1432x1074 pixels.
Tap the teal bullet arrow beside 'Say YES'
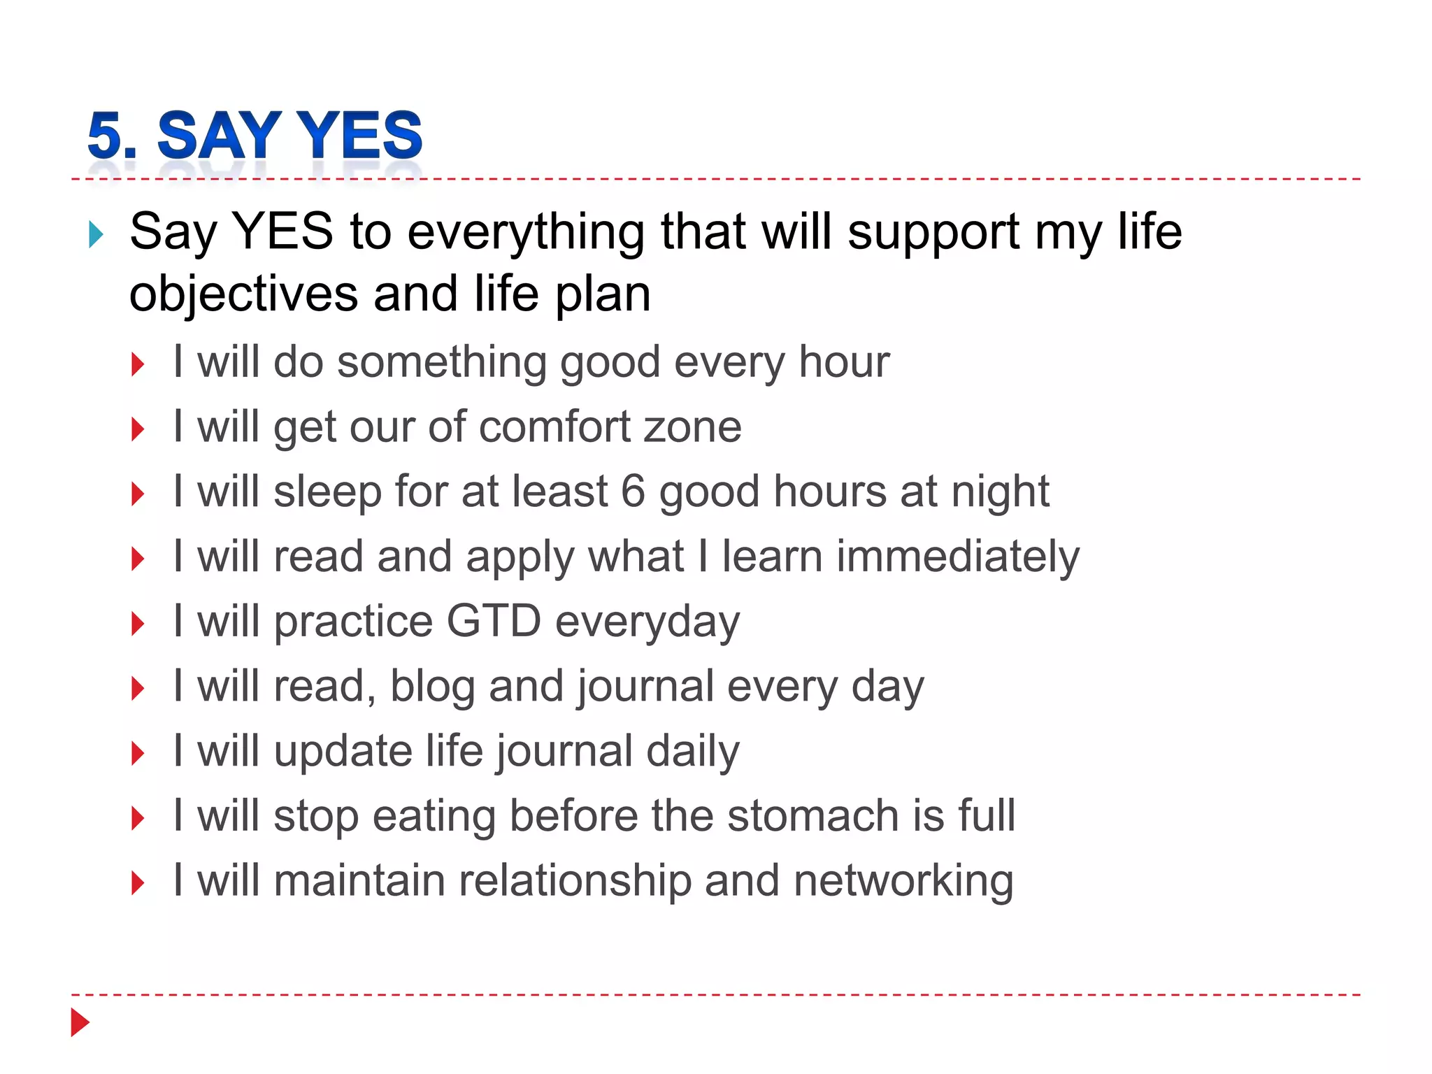coord(96,235)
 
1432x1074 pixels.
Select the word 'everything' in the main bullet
coord(526,232)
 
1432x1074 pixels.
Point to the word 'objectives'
coord(243,294)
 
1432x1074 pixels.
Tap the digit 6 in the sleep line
coord(633,492)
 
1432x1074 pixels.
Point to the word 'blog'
coord(432,687)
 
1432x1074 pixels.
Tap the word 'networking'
coord(903,882)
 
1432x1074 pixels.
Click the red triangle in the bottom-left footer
coord(80,1022)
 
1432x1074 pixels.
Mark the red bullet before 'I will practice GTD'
coord(138,624)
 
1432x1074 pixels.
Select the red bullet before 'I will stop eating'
coord(138,818)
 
